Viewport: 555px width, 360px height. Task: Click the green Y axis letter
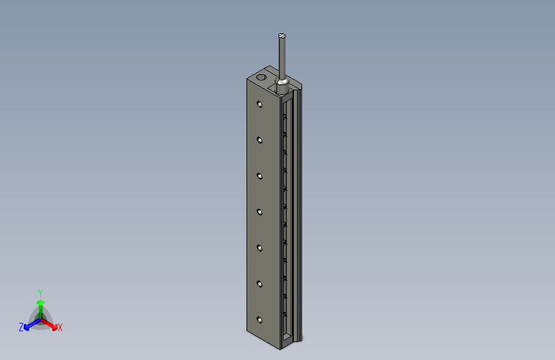(x=40, y=292)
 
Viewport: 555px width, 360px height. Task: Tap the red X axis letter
(x=60, y=328)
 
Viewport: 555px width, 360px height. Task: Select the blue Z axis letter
(x=21, y=327)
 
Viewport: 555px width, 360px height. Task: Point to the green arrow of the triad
(x=40, y=305)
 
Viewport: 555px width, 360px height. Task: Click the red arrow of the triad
(x=51, y=323)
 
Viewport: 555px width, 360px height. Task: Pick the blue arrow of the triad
(x=29, y=323)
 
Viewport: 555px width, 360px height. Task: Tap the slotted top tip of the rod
(x=282, y=35)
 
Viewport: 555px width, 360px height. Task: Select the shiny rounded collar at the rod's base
(x=282, y=83)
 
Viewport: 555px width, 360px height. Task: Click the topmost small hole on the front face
(x=259, y=104)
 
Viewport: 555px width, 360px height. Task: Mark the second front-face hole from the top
(x=259, y=140)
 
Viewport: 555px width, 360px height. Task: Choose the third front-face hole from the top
(x=259, y=176)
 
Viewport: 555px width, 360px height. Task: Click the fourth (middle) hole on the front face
(x=259, y=211)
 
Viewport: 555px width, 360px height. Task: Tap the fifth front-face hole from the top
(x=259, y=248)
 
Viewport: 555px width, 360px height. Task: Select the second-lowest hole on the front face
(x=259, y=284)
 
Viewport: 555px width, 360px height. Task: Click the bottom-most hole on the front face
(x=259, y=320)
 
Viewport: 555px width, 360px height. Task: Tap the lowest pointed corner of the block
(x=280, y=350)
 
